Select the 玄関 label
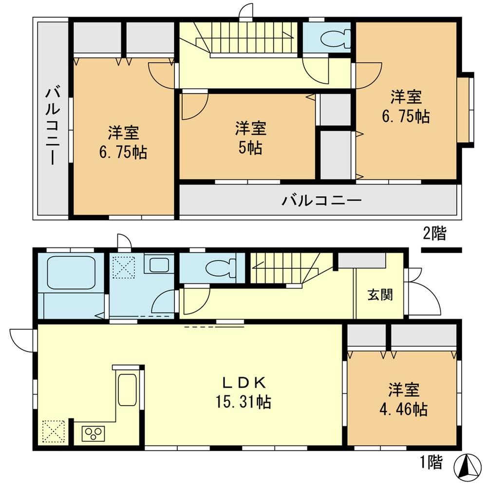[x=380, y=295]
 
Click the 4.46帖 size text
[x=404, y=409]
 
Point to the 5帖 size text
[x=250, y=147]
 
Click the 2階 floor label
[x=434, y=234]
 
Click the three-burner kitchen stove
[x=93, y=432]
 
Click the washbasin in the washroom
[x=158, y=265]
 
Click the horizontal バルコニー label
[x=321, y=200]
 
